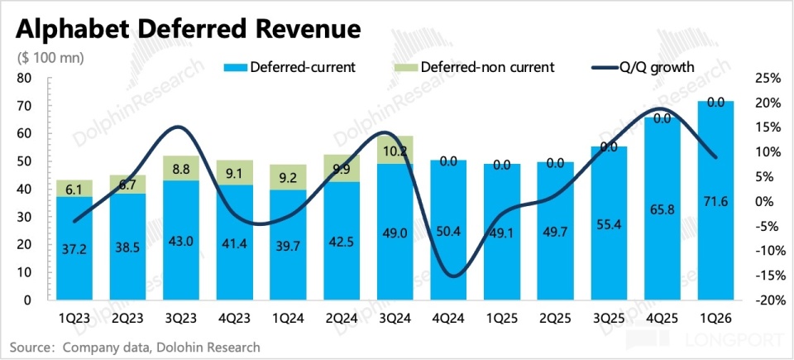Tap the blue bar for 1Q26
(716, 199)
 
